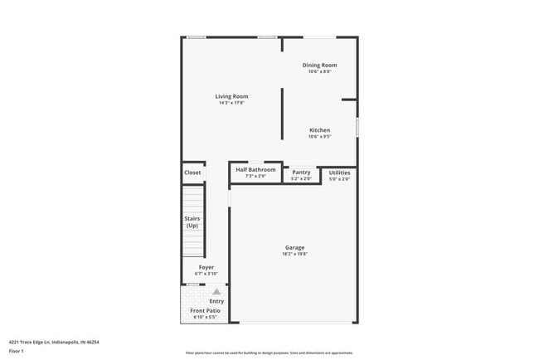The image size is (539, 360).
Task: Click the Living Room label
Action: click(x=231, y=96)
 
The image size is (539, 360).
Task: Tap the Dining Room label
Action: click(x=319, y=65)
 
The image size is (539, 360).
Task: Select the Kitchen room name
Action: click(x=319, y=130)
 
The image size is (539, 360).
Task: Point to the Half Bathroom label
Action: click(x=255, y=169)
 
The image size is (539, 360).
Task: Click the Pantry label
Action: click(x=301, y=172)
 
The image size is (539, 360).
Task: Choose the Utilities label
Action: click(x=339, y=172)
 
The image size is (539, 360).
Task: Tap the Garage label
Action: click(x=294, y=247)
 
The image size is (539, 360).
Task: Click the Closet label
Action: click(x=192, y=173)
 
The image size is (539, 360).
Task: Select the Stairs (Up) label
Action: click(x=192, y=221)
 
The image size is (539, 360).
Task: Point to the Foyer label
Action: click(x=206, y=267)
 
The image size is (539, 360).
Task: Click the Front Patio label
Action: click(x=206, y=310)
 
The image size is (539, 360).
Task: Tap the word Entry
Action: click(x=216, y=301)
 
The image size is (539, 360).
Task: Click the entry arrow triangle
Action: click(x=216, y=292)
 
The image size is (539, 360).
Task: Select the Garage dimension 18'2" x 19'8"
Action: click(x=294, y=254)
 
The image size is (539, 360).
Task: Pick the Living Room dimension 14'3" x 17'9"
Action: click(x=231, y=103)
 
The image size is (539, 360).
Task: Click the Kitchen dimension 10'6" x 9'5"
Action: click(x=319, y=137)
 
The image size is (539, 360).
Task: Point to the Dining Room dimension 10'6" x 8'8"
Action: click(x=319, y=71)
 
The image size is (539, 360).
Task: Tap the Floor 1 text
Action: click(x=17, y=351)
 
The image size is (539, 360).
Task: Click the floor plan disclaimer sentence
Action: click(x=269, y=353)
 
